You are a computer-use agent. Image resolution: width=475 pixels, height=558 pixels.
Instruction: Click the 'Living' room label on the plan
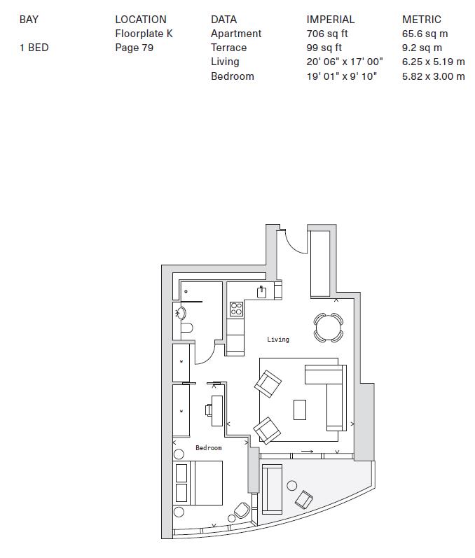tap(278, 340)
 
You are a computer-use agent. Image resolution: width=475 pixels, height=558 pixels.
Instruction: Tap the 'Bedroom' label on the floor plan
tap(208, 448)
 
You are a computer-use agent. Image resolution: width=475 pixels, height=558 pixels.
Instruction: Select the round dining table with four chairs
tap(328, 326)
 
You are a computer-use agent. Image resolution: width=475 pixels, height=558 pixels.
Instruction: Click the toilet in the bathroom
tap(186, 328)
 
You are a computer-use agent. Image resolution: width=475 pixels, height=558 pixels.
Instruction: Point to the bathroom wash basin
tap(180, 313)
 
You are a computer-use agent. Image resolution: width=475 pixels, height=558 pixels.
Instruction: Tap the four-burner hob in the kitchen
tap(236, 308)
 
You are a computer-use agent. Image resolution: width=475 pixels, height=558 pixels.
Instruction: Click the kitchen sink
tap(262, 292)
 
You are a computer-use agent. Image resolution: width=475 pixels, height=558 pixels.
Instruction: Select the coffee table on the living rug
tap(300, 409)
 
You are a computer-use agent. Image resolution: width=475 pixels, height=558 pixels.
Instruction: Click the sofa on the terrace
tap(272, 489)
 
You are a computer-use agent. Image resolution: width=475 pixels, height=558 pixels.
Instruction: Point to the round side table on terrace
tap(291, 485)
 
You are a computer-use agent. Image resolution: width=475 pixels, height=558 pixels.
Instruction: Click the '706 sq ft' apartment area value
tap(327, 34)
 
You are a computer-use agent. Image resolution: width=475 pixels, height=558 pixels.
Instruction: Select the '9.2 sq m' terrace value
tap(422, 48)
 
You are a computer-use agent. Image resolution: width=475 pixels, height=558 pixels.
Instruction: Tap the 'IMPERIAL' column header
tap(330, 20)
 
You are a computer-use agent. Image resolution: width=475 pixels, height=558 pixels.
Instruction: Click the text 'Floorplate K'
tap(144, 34)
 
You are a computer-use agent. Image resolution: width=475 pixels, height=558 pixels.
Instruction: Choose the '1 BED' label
tap(34, 48)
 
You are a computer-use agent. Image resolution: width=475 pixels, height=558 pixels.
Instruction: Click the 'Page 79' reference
tap(134, 48)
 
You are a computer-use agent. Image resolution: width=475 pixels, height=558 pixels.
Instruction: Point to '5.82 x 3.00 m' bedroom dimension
tap(433, 76)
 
